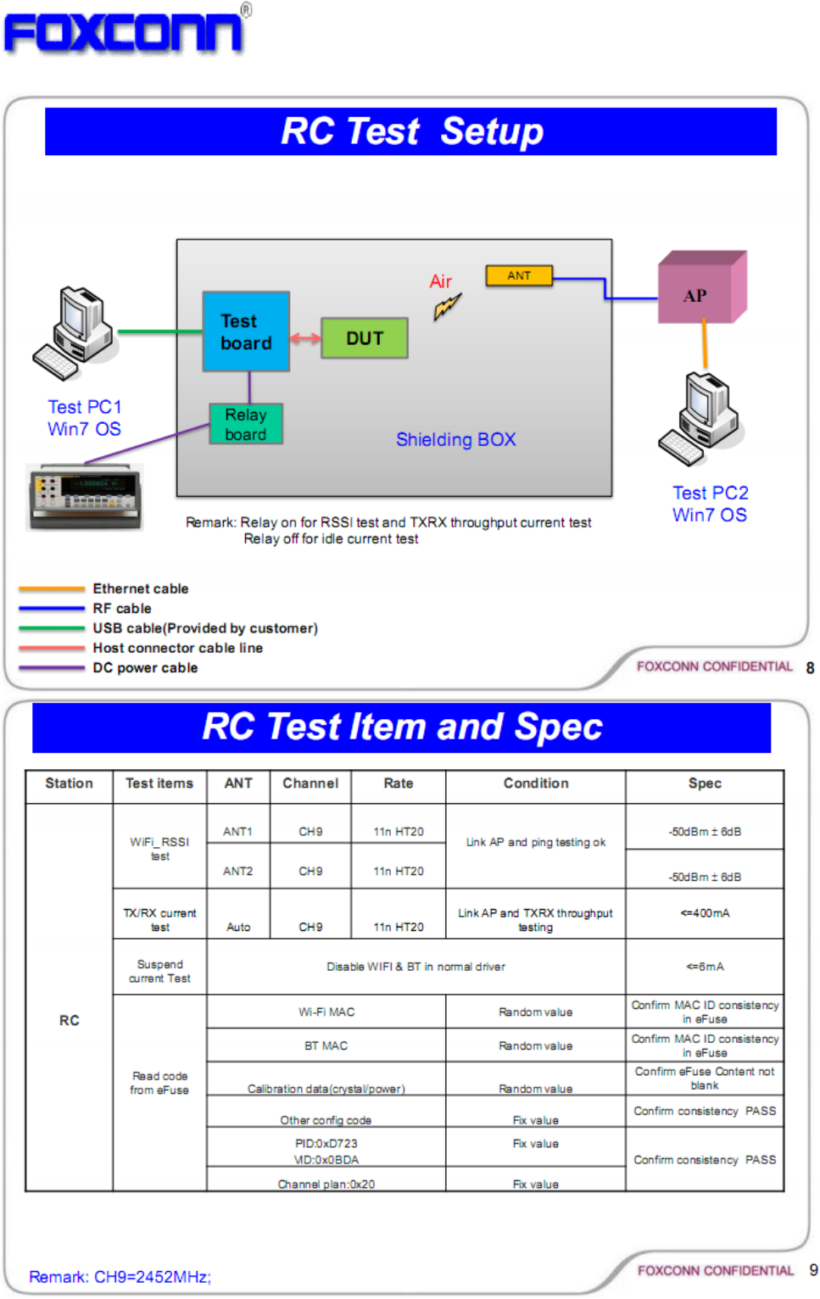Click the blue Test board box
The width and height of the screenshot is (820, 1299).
(x=246, y=332)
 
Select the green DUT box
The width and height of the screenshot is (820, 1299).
(x=365, y=338)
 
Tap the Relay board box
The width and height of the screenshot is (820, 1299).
(x=246, y=424)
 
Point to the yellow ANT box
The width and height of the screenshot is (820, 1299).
(x=519, y=276)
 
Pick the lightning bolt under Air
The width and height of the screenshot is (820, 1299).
(x=447, y=306)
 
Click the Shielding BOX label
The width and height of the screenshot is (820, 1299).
(x=455, y=439)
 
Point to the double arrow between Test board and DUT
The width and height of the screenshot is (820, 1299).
(x=305, y=338)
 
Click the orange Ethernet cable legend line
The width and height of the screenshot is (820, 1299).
(x=52, y=588)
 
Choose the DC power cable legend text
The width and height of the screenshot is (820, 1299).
(x=145, y=668)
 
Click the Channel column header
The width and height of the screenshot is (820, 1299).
(x=310, y=783)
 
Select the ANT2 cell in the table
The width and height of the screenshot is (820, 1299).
(x=238, y=871)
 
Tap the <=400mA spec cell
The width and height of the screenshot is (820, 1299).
(x=705, y=913)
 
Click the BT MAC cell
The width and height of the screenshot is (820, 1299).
(x=326, y=1045)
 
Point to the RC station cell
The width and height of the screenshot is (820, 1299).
(x=70, y=1020)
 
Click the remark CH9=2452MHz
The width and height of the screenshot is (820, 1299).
(x=120, y=1277)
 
